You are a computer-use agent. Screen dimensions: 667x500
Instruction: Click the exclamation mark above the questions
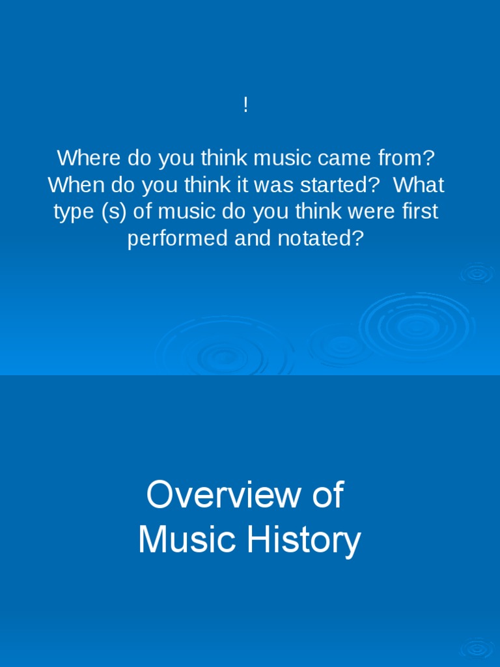(x=245, y=106)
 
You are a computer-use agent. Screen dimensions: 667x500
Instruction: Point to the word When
(x=75, y=185)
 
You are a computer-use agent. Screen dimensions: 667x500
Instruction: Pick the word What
(x=419, y=185)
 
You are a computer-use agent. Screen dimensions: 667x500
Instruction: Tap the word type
(x=74, y=212)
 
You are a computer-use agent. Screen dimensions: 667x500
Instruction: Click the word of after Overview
(x=327, y=495)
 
